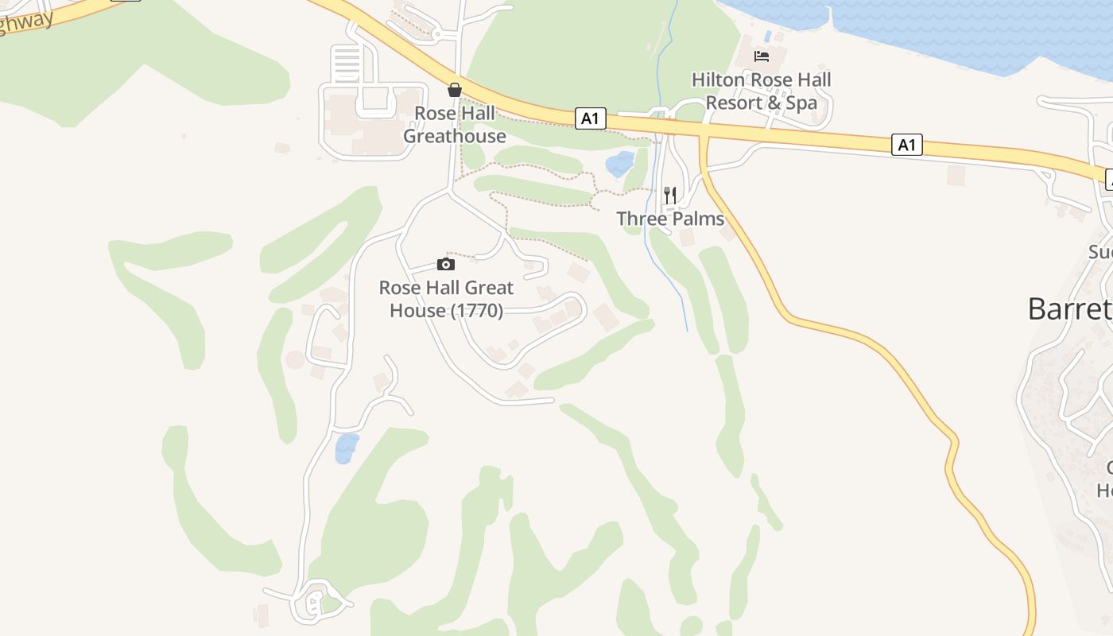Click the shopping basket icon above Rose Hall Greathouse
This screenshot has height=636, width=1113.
click(x=455, y=90)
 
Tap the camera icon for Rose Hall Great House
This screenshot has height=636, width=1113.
click(x=446, y=264)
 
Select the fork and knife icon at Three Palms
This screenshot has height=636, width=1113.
click(x=670, y=195)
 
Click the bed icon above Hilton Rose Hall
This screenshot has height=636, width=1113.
click(x=762, y=56)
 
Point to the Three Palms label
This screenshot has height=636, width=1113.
click(x=670, y=219)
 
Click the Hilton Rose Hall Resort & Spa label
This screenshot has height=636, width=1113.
click(x=761, y=91)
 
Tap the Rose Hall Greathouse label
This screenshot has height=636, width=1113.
click(x=455, y=125)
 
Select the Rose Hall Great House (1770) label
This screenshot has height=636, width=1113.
click(x=446, y=299)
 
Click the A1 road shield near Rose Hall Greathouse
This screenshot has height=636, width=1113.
click(x=589, y=118)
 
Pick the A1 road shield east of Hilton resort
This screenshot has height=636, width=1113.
click(x=907, y=145)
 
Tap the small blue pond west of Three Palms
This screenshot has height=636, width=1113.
click(x=620, y=164)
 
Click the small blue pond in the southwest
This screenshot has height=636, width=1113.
click(x=346, y=448)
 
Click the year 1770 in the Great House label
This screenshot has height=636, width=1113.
click(x=477, y=311)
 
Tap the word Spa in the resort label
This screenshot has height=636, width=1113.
click(x=801, y=103)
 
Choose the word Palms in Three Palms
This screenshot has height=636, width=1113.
click(x=699, y=219)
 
